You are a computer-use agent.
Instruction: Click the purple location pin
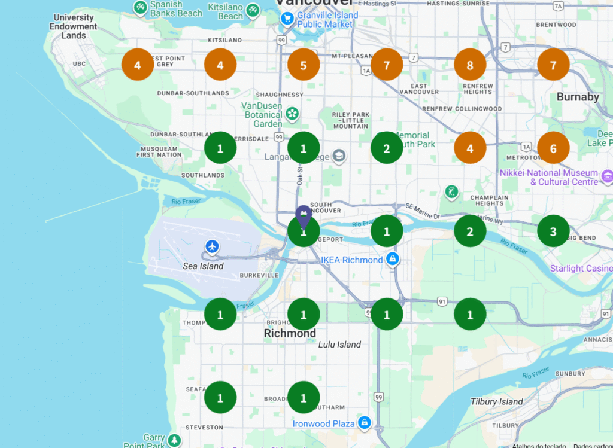point(304,216)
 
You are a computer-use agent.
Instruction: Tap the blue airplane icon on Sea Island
point(212,246)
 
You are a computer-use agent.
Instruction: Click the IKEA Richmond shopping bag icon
point(392,259)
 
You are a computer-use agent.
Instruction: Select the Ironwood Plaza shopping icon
point(364,423)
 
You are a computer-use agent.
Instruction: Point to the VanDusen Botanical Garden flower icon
point(292,113)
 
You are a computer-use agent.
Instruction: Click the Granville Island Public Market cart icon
point(287,19)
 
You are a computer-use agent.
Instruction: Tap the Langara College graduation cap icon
point(339,156)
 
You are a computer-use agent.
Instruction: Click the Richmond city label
point(290,333)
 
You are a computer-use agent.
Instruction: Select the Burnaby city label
point(577,97)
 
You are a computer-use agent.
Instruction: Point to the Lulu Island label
point(339,345)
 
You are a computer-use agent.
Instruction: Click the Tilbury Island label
point(496,401)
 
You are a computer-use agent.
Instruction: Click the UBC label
point(79,63)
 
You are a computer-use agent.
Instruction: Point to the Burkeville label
point(259,275)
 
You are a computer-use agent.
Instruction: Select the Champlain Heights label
point(489,200)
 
